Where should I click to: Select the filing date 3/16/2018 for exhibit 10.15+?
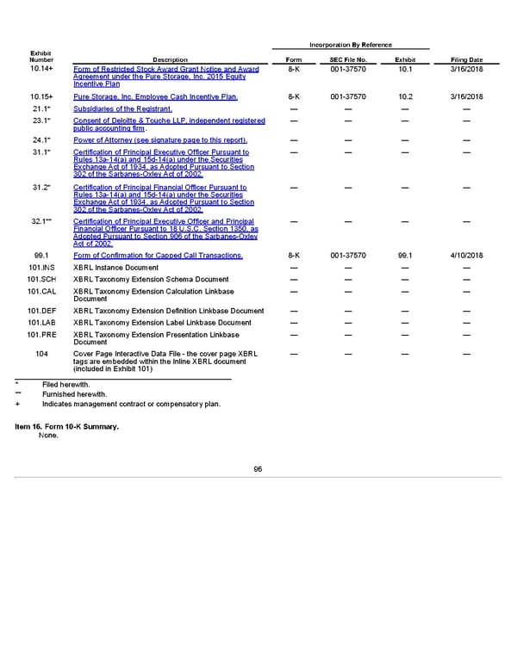tap(466, 96)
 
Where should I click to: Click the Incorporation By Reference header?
tap(349, 45)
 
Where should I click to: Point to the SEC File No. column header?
tap(348, 59)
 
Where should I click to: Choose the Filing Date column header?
tap(466, 59)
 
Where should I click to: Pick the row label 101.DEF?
tap(41, 310)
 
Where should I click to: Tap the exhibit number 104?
tap(41, 353)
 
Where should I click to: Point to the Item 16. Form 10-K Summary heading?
tap(67, 427)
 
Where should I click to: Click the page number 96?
tap(258, 468)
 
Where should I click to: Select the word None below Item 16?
tap(49, 436)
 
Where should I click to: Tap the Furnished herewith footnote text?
tap(73, 393)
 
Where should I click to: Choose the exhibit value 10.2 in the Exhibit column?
tap(405, 96)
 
